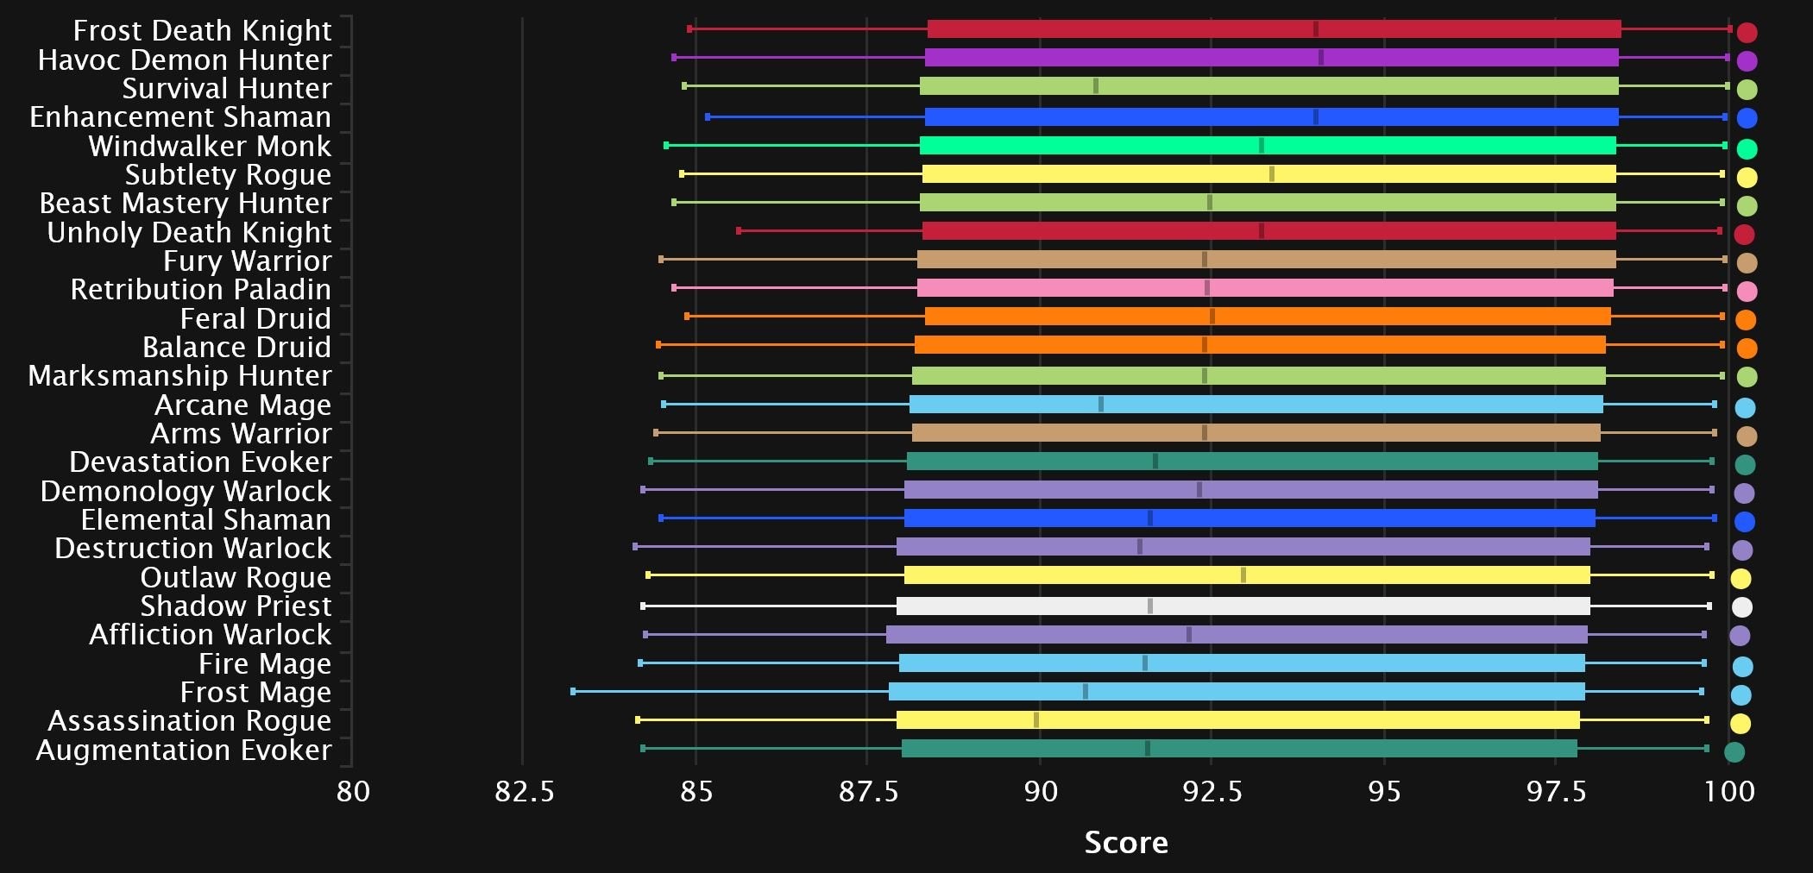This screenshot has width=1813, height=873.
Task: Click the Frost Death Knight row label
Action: point(202,31)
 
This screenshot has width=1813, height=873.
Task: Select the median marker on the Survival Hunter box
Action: point(1096,86)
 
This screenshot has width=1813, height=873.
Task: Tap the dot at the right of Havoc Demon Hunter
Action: point(1747,61)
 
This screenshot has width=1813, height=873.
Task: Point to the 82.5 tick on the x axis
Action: point(524,791)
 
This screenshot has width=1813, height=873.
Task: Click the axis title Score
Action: point(1126,843)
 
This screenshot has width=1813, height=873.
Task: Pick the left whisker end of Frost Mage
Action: point(573,691)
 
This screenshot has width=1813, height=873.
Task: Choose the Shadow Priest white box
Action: point(1243,606)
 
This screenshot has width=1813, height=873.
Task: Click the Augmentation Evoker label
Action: point(184,751)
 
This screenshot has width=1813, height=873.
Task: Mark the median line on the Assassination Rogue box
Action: point(1036,720)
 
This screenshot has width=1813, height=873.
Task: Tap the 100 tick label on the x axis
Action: point(1729,791)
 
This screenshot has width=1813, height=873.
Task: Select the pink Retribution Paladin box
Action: point(1265,288)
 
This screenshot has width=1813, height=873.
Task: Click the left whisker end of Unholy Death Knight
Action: point(739,230)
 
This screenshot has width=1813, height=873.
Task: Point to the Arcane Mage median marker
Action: point(1101,405)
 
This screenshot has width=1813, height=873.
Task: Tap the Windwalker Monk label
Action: point(210,147)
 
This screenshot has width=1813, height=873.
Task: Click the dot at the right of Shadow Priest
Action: point(1742,607)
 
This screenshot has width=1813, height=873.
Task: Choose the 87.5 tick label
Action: point(868,791)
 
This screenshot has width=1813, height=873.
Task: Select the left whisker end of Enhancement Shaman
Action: point(708,116)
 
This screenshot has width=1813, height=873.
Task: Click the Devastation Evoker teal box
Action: point(1251,462)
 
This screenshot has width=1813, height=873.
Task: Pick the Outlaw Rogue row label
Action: point(236,578)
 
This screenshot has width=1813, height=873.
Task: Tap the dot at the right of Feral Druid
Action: point(1746,320)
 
